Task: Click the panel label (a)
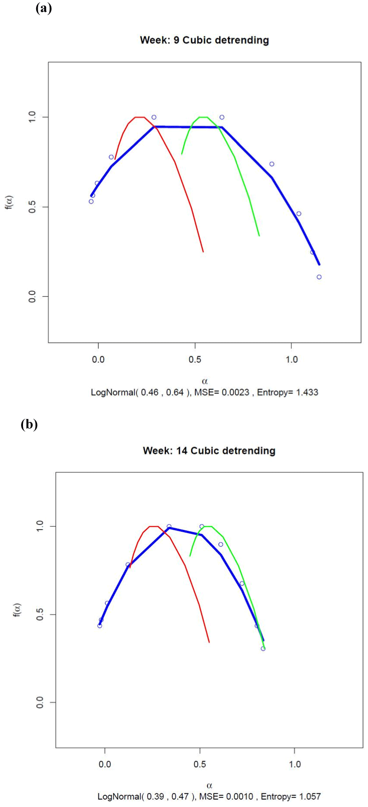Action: point(44,8)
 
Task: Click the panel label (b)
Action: point(29,424)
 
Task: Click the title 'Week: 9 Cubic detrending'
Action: point(204,40)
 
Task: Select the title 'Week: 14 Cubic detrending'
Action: point(209,450)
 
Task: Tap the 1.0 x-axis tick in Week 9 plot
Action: point(292,360)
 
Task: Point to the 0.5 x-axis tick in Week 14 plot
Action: point(200,764)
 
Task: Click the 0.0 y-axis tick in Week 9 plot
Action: point(32,297)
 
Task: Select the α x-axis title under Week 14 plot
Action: point(209,786)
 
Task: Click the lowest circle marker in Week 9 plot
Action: point(319,277)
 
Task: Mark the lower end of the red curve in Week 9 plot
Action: point(203,252)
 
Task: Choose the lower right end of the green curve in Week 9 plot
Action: point(259,236)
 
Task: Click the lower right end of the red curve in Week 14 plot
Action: point(209,642)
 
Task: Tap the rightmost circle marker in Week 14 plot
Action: point(263,648)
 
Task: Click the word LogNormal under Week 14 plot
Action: point(118,797)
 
